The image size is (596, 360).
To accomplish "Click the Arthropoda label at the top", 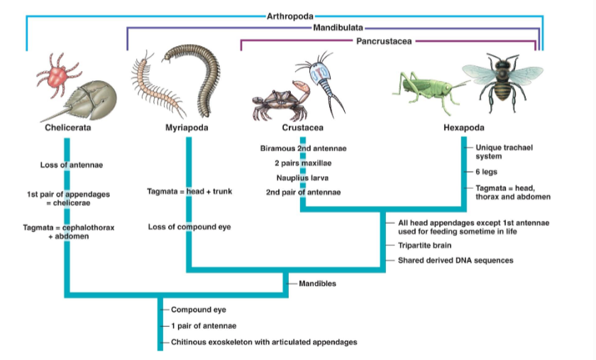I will tap(289, 14).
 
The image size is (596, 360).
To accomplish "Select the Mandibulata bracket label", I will tap(333, 28).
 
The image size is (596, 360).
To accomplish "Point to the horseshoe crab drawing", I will tap(85, 100).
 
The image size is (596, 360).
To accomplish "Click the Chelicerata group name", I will tap(68, 128).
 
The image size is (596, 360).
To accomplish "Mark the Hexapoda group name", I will tap(464, 128).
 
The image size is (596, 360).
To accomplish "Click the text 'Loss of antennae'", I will tap(72, 165).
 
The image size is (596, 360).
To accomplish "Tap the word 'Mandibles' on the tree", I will tap(317, 283).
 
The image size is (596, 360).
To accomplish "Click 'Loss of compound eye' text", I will tap(189, 227).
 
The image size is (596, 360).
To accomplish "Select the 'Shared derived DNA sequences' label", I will tap(455, 260).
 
